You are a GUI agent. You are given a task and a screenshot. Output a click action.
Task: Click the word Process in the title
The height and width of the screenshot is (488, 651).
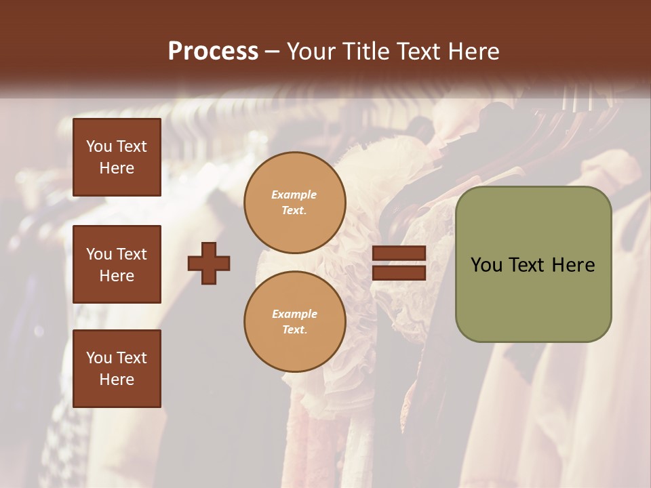point(213,52)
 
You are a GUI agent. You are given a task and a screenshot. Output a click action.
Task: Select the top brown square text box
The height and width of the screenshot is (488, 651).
point(117,157)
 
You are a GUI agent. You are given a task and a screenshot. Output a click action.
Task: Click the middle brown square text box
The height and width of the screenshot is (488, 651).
point(117,264)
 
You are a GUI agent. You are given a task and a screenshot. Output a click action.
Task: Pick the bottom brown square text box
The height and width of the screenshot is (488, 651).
point(117,368)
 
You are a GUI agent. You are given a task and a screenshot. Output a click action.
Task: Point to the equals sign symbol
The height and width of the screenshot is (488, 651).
point(399,263)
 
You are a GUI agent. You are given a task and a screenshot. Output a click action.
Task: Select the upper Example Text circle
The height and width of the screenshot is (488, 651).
point(294,202)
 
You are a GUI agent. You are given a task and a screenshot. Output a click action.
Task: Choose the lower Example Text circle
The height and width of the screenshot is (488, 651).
point(294,321)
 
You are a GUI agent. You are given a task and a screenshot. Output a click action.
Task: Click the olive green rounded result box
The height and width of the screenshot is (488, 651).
point(533,264)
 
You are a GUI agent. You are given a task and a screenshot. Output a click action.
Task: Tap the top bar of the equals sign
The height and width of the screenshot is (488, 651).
point(399,253)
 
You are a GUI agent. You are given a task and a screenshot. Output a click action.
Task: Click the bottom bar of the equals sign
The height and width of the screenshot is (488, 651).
point(399,272)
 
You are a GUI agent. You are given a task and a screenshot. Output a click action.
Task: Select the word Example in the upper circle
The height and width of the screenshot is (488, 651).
point(294,195)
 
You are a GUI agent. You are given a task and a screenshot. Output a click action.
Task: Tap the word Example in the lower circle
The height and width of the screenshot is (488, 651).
point(294,314)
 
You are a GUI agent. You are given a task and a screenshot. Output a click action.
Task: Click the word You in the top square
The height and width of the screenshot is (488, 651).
point(99,146)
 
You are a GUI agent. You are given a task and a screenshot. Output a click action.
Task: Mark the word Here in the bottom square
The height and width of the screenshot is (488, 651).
point(117,380)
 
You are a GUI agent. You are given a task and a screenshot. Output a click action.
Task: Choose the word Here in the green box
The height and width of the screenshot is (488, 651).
point(573,265)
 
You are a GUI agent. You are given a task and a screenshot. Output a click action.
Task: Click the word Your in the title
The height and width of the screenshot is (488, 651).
point(309,52)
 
